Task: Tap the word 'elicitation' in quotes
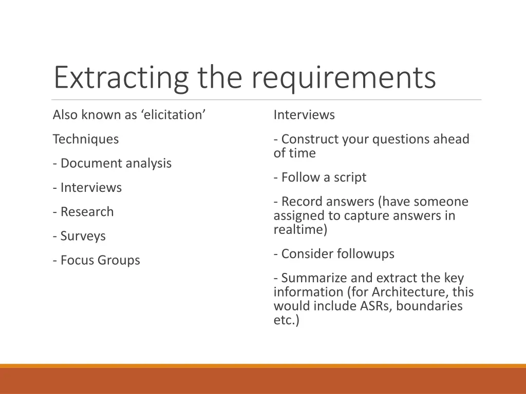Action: coord(173,115)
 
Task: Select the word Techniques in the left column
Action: coord(85,139)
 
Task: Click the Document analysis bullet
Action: coord(112,163)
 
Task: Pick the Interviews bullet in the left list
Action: coord(87,188)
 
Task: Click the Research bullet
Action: coord(83,212)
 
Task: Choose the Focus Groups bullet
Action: coord(96,260)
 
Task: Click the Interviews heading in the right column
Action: coord(304,115)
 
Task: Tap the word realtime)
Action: coord(300,229)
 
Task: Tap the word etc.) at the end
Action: coord(286,320)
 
